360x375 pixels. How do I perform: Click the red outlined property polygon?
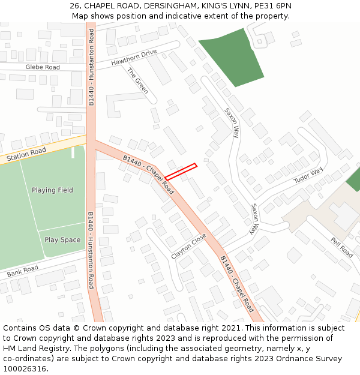tap(181, 172)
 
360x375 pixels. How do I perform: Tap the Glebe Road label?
tap(43, 67)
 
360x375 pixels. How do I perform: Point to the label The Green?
tap(137, 81)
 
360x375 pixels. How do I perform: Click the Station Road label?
tap(26, 155)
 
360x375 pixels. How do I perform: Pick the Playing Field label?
tap(52, 190)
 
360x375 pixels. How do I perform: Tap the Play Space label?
tap(62, 240)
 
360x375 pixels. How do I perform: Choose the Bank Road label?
tap(22, 271)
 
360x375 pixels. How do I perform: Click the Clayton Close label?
tap(188, 246)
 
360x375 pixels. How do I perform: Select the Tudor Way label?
tap(308, 175)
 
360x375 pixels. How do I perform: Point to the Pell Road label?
tap(341, 247)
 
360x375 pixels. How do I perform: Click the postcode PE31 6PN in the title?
tap(273, 6)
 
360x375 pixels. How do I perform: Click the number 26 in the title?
tap(75, 6)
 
